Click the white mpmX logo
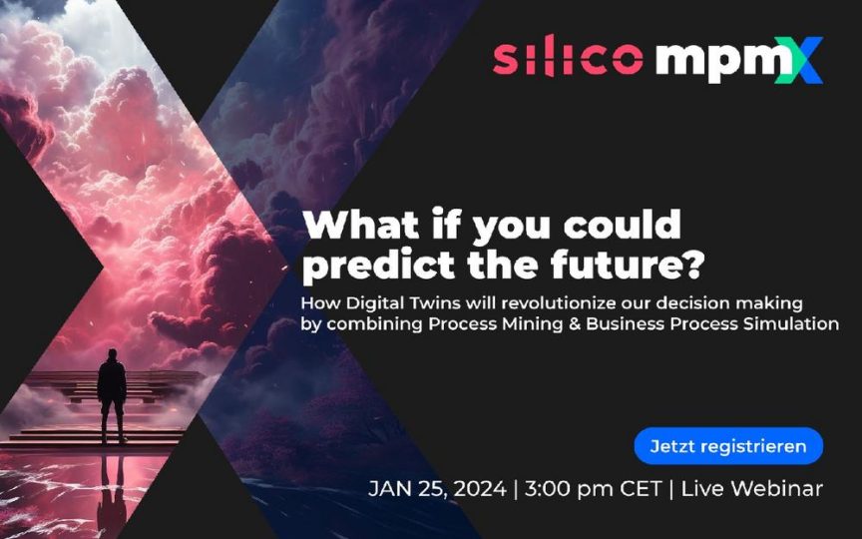pos(739,61)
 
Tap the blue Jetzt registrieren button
pos(728,446)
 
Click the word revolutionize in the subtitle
pos(554,303)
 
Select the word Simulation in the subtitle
pos(791,323)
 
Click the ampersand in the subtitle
pos(575,323)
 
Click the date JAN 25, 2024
pos(437,489)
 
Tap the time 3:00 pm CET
pos(593,488)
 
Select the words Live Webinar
pos(751,488)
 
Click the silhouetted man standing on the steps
pos(112,395)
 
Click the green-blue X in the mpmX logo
pos(799,61)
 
